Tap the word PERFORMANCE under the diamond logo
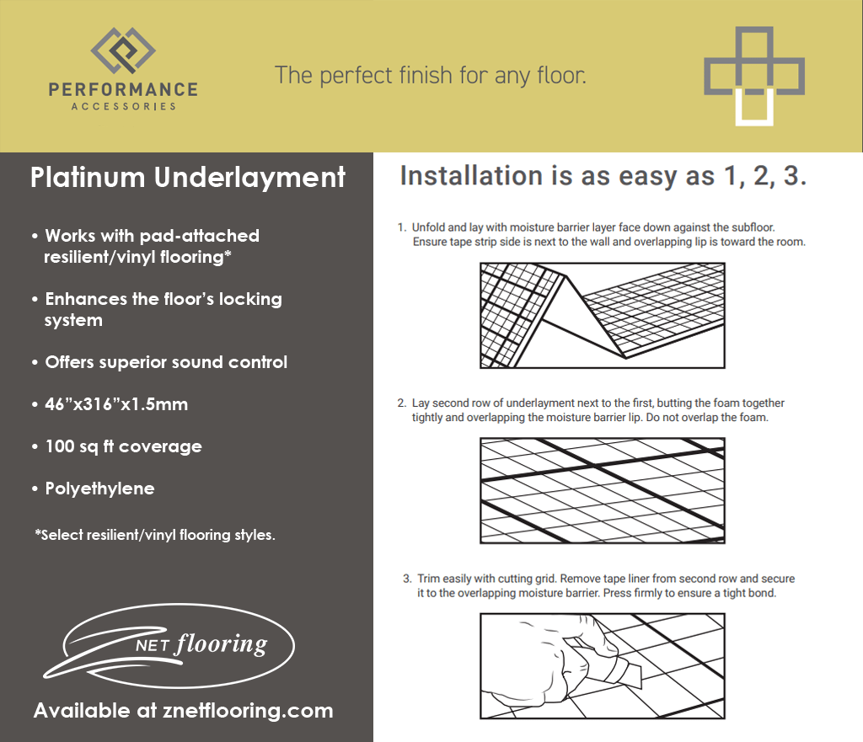(x=123, y=89)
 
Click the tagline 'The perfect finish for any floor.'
(x=430, y=75)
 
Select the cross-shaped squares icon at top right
(x=753, y=76)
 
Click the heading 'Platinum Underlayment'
(x=188, y=178)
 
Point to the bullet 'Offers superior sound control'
(x=165, y=362)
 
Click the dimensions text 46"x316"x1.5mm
(x=115, y=404)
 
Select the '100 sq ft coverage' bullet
(x=122, y=446)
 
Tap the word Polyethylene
(x=99, y=488)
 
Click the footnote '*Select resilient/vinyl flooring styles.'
(x=155, y=535)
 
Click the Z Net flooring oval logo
(x=169, y=643)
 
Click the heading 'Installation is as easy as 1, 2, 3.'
(x=603, y=177)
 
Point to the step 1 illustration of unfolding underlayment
(x=602, y=315)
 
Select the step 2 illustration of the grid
(x=602, y=490)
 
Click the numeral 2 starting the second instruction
(x=402, y=403)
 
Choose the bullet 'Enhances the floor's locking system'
(x=163, y=309)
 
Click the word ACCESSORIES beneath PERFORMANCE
(x=123, y=106)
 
